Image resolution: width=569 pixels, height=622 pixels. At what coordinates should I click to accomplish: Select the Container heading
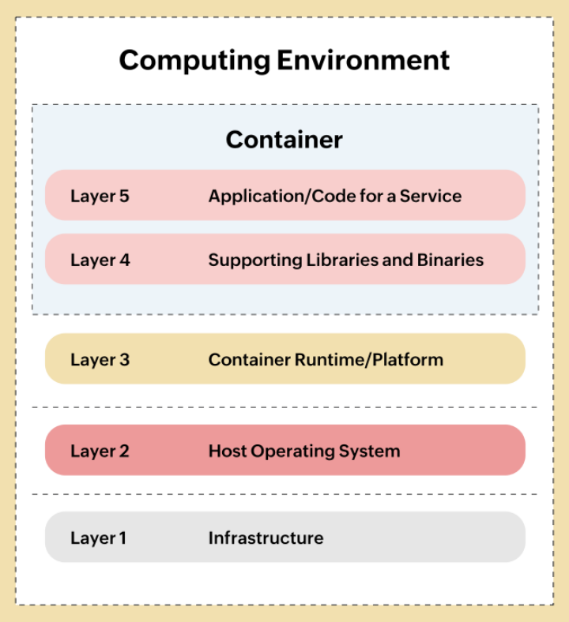coord(284,140)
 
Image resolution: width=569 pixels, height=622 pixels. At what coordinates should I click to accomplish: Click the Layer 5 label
coord(100,196)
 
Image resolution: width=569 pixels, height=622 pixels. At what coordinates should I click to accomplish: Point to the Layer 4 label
coord(100,260)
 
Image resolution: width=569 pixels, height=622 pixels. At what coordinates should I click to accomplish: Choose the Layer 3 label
coord(100,360)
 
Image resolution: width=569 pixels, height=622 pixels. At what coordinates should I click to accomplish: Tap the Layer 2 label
coord(100,452)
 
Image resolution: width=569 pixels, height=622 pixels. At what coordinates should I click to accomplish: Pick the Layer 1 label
coord(98,538)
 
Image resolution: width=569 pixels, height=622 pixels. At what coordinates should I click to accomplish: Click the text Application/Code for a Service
coord(335,196)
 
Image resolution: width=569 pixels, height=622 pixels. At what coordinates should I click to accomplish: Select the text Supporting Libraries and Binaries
coord(346,260)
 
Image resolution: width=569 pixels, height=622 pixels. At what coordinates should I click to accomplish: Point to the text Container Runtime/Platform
coord(326,360)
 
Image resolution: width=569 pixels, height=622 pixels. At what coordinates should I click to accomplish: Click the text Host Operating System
coord(304,452)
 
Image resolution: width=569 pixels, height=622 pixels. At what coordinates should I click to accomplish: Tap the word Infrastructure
coord(266,538)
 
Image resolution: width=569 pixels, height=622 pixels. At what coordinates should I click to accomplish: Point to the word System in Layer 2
coord(375,452)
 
